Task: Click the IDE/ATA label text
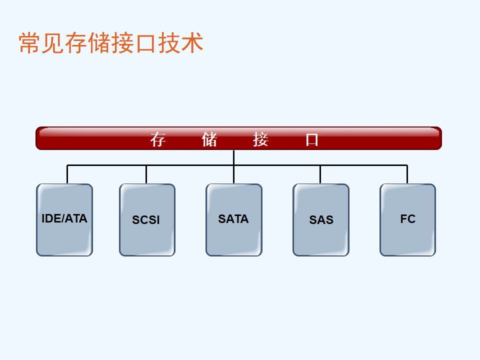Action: point(64,218)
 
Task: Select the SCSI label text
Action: point(145,220)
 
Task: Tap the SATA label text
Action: point(233,219)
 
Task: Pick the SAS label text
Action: point(321,220)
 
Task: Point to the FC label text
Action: point(408,219)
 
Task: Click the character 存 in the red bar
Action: point(158,139)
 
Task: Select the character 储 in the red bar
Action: point(209,139)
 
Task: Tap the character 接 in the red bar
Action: point(261,139)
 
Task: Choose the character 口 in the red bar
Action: point(312,140)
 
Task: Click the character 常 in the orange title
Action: point(30,43)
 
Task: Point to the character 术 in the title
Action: point(192,43)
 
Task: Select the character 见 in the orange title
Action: point(53,43)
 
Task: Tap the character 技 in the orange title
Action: point(169,43)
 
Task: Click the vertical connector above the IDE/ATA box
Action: point(67,174)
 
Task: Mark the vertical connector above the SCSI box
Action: point(146,174)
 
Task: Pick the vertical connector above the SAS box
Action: point(320,174)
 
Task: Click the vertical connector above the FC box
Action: point(407,174)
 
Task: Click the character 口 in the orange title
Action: point(145,43)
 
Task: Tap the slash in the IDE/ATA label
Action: point(62,218)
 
